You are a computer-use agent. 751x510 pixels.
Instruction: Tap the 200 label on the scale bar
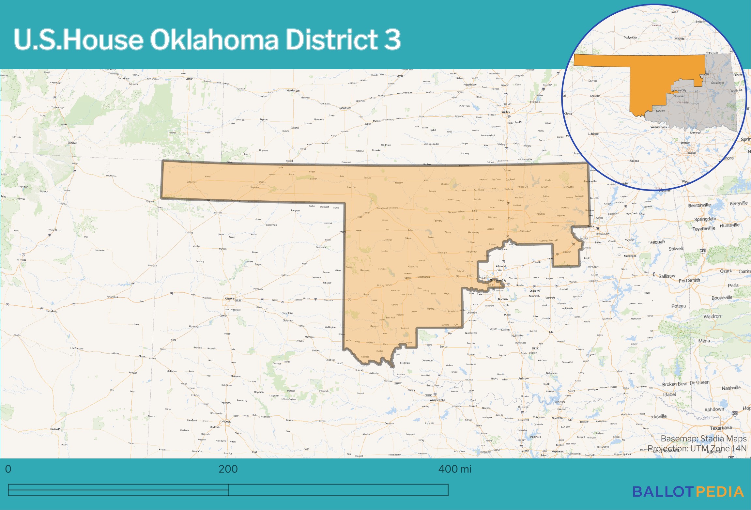[228, 469]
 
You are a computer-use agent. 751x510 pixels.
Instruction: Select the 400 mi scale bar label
[454, 469]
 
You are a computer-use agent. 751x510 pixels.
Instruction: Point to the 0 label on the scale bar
[8, 469]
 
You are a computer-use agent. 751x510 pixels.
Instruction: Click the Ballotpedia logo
[688, 492]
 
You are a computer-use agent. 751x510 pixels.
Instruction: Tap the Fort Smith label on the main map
[689, 280]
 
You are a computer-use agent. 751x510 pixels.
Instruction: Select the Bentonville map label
[699, 205]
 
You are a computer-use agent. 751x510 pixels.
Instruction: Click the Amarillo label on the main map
[230, 298]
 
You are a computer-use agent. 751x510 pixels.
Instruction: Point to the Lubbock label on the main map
[225, 421]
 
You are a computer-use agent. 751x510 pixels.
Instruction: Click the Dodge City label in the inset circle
[630, 38]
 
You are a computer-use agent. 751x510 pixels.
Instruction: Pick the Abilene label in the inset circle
[634, 161]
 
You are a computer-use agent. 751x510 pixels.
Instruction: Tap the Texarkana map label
[721, 428]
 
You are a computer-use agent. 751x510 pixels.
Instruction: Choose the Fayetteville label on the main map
[704, 228]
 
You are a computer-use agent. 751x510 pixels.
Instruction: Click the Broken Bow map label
[674, 384]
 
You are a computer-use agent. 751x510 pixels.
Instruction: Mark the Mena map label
[704, 341]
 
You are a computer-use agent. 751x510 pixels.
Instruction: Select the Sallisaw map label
[667, 276]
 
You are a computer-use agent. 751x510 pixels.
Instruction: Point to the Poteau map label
[679, 306]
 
